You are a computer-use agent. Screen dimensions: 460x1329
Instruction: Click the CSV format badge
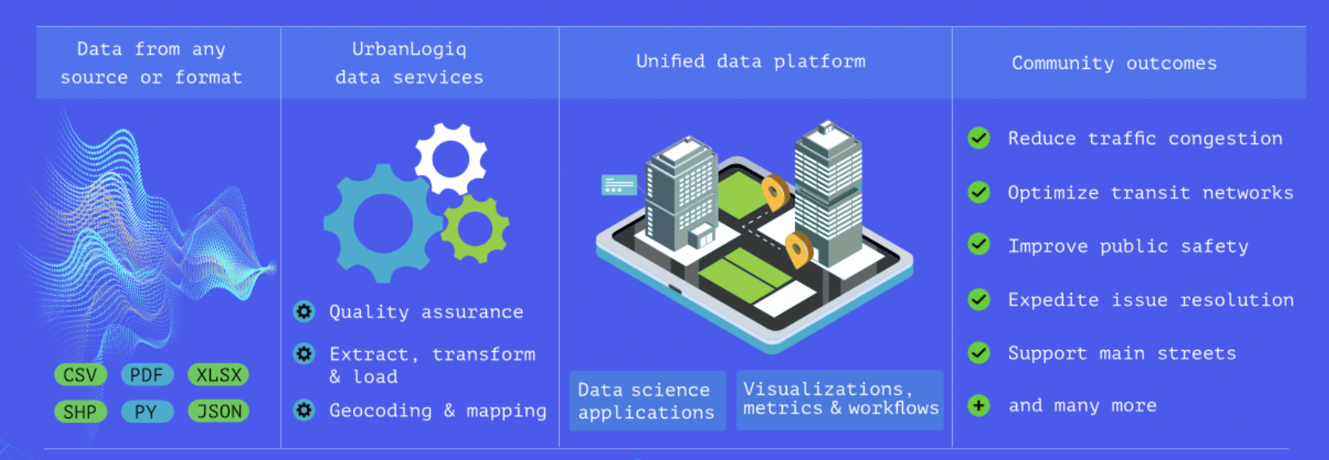pyautogui.click(x=80, y=375)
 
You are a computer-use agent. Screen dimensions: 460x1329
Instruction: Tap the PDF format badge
pyautogui.click(x=147, y=375)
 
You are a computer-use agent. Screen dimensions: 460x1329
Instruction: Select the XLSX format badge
pyautogui.click(x=219, y=375)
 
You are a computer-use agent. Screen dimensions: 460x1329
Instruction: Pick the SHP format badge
pyautogui.click(x=80, y=412)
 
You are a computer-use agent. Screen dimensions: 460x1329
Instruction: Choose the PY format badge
pyautogui.click(x=147, y=412)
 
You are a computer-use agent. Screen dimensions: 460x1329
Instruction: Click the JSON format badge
pyautogui.click(x=219, y=412)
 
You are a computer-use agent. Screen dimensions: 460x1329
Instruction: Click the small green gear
pyautogui.click(x=476, y=228)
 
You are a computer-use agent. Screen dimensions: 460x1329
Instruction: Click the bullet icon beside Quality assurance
pyautogui.click(x=304, y=312)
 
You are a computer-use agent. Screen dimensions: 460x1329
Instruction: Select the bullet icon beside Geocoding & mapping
pyautogui.click(x=304, y=410)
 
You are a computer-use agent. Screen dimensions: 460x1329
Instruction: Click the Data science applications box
pyautogui.click(x=647, y=401)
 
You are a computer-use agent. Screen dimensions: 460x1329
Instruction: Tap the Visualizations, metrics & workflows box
pyautogui.click(x=840, y=399)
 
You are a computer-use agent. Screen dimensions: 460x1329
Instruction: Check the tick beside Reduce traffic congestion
pyautogui.click(x=978, y=139)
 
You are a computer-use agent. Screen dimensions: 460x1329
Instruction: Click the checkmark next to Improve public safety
pyautogui.click(x=978, y=245)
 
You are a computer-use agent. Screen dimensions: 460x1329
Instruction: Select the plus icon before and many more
pyautogui.click(x=978, y=406)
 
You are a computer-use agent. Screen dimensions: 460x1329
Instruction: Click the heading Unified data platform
pyautogui.click(x=750, y=62)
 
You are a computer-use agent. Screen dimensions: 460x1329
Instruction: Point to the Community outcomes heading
pyautogui.click(x=1114, y=63)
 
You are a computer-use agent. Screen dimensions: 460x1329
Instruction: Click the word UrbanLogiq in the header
pyautogui.click(x=409, y=49)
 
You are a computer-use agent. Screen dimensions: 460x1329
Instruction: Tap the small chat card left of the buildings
pyautogui.click(x=619, y=185)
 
